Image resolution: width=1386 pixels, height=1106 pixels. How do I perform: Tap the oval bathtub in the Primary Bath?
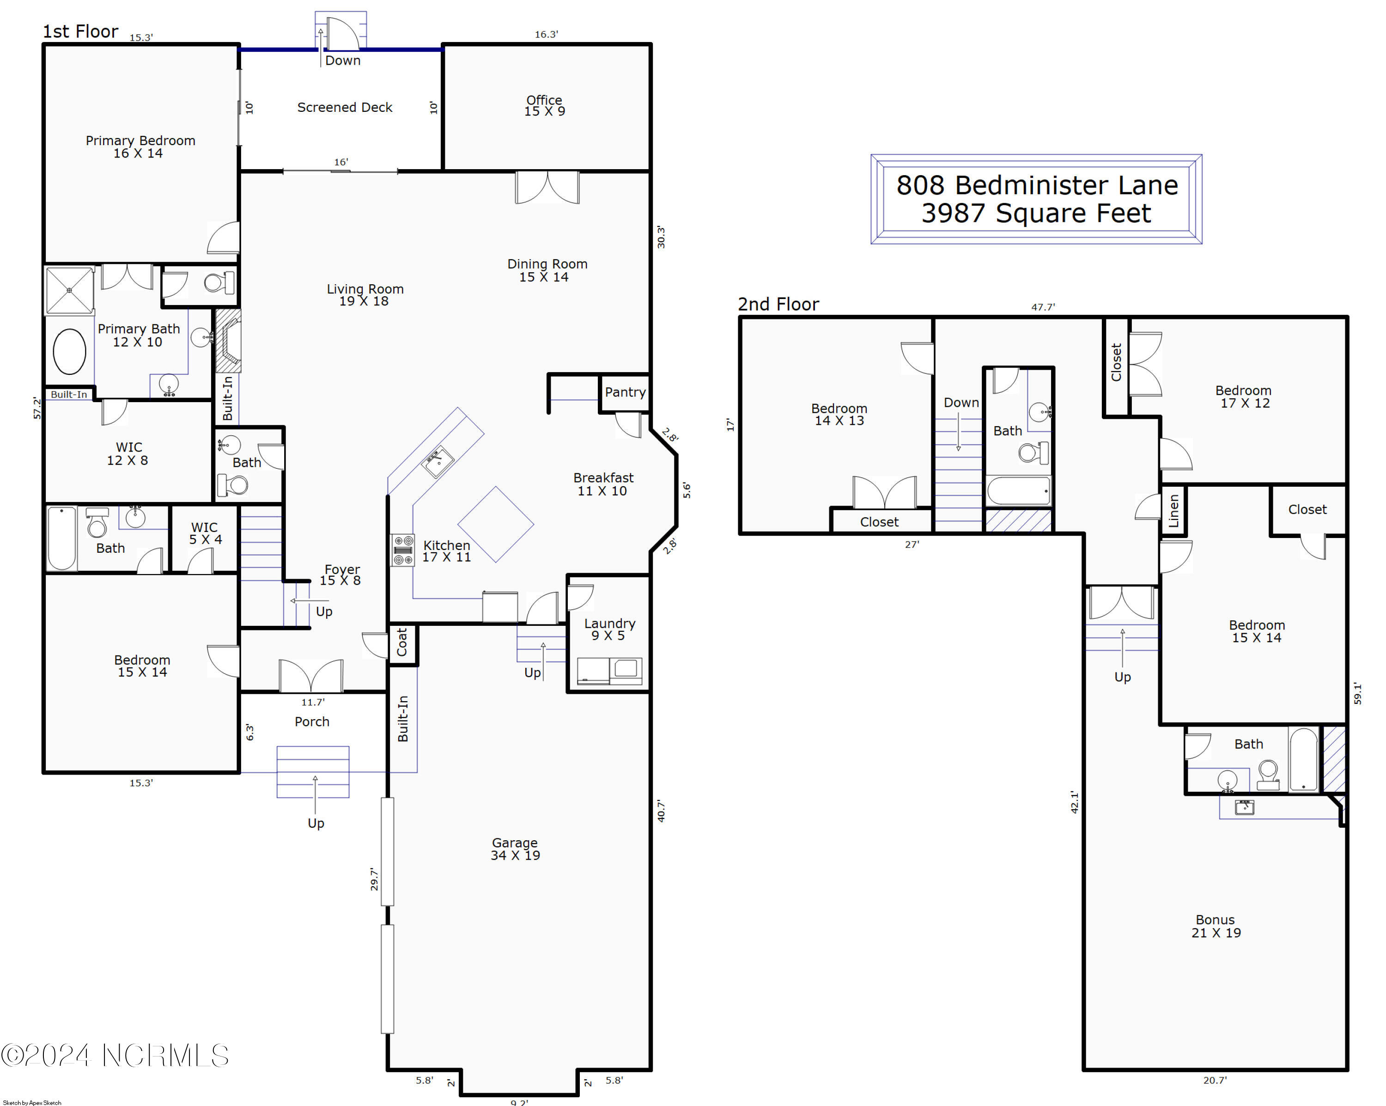[69, 352]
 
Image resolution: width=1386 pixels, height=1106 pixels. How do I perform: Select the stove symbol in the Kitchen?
[403, 550]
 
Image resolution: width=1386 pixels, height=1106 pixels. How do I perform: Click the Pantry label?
[625, 392]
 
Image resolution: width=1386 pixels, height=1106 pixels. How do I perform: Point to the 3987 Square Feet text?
[1036, 214]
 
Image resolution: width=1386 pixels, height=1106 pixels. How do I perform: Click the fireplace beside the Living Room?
[228, 341]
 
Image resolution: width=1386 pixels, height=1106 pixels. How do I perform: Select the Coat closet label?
[402, 642]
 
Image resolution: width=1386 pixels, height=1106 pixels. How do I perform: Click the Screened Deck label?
[345, 107]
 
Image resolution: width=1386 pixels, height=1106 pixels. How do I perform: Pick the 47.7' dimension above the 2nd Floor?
[1043, 307]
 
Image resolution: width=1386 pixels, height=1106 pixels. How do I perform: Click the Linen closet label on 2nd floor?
[1173, 511]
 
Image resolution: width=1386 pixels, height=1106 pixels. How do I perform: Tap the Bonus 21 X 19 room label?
[1215, 926]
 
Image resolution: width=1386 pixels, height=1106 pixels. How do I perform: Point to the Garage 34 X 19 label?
[515, 849]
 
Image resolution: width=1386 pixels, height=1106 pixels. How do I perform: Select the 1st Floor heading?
[80, 31]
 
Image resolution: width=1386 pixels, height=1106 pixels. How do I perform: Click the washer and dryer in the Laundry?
[609, 671]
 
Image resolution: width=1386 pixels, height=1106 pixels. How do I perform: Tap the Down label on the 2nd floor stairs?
[960, 403]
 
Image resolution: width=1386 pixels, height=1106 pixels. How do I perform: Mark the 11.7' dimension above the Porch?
[313, 702]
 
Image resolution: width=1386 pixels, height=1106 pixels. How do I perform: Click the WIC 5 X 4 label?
[205, 533]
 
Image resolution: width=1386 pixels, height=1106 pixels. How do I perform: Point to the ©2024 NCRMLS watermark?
[115, 1055]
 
